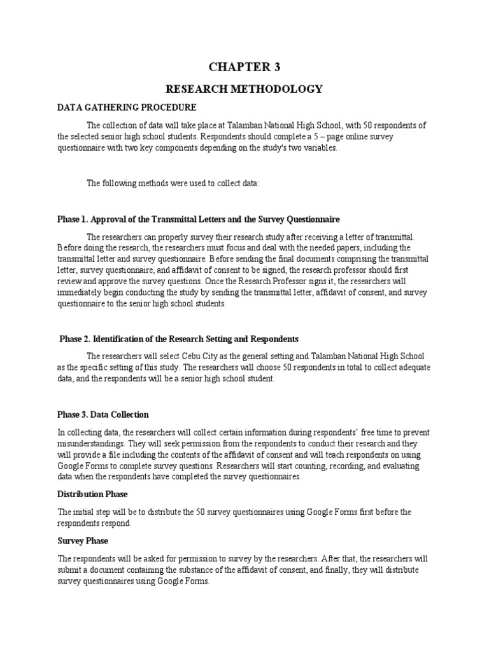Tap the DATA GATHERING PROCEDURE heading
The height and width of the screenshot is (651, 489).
click(127, 107)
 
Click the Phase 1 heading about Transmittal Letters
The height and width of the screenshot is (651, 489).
click(199, 219)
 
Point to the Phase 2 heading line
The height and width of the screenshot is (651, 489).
click(179, 339)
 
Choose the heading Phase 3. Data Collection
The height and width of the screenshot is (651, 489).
click(103, 415)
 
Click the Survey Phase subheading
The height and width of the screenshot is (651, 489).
click(83, 541)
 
